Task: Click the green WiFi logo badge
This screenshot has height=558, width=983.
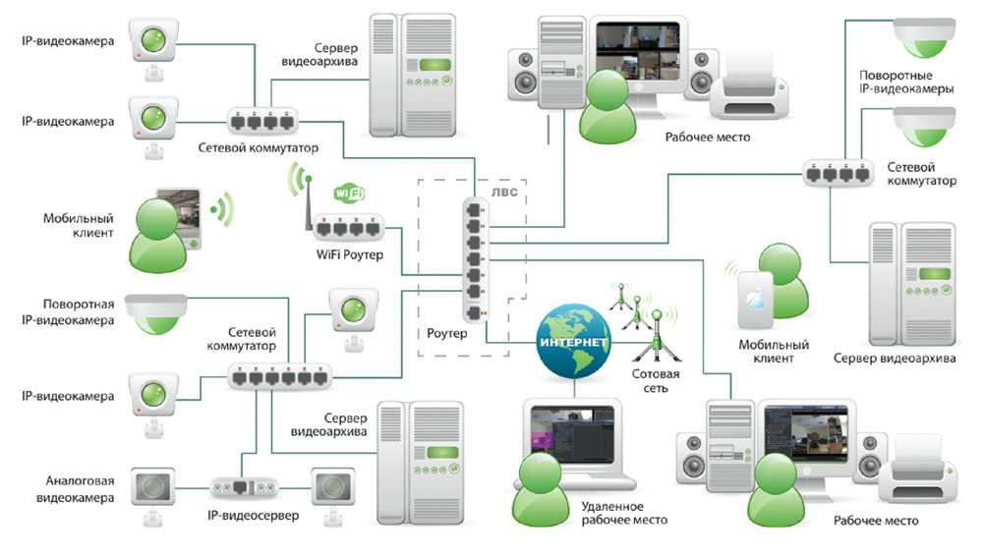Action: tap(352, 193)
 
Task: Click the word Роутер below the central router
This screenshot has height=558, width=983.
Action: tap(447, 334)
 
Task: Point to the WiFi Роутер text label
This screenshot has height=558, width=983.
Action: tap(349, 255)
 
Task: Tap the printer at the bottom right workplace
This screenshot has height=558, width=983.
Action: tap(918, 481)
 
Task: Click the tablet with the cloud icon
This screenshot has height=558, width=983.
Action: tap(755, 299)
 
